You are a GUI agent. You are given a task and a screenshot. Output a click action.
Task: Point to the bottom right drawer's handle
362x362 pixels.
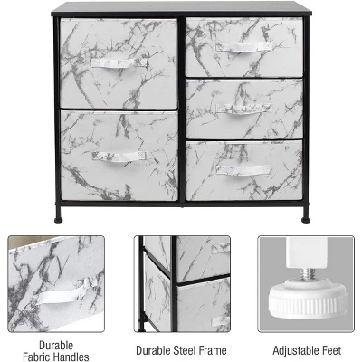click(243, 170)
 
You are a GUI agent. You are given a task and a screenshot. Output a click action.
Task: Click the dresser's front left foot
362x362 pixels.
click(60, 218)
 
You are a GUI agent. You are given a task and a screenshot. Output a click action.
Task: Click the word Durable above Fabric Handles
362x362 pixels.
click(56, 344)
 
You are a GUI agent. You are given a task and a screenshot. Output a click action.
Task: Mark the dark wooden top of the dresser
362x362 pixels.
click(181, 8)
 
